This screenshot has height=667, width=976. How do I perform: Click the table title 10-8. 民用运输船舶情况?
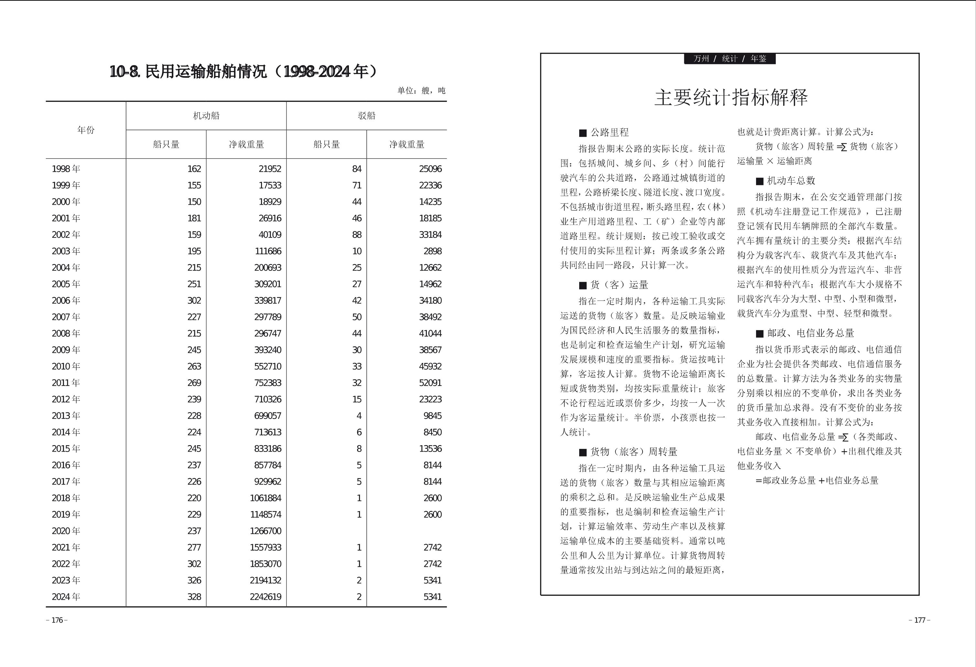[243, 72]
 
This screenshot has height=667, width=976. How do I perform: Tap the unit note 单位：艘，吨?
[421, 91]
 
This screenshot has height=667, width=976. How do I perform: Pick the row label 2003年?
[66, 251]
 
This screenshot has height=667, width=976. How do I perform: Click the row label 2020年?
[66, 531]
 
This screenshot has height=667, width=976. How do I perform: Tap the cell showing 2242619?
[266, 597]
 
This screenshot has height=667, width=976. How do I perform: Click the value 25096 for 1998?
[430, 169]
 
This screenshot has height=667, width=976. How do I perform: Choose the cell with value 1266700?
[266, 531]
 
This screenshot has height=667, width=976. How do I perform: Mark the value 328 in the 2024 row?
[194, 597]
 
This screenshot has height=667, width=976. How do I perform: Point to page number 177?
[919, 620]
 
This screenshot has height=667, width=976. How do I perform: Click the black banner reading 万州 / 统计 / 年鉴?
[730, 59]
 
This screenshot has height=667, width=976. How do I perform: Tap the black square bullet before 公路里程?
[582, 134]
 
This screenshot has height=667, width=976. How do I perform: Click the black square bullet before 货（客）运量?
[582, 286]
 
